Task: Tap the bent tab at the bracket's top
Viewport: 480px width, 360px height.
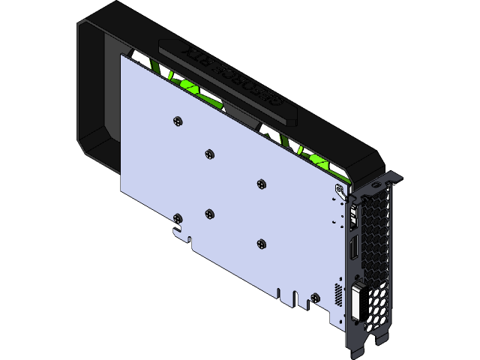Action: (391, 178)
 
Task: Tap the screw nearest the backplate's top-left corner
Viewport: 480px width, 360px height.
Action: (177, 120)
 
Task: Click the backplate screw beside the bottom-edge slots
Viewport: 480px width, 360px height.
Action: (260, 243)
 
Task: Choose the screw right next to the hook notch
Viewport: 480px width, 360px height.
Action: (177, 218)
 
